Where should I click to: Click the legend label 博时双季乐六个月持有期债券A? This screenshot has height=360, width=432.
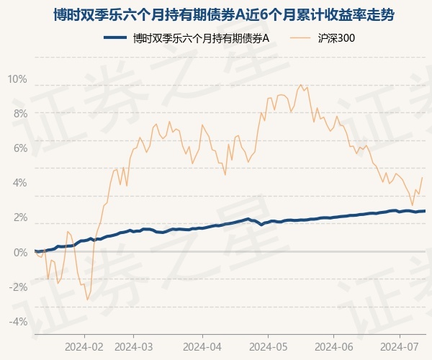pyautogui.click(x=201, y=38)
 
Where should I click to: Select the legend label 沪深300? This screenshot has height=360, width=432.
pyautogui.click(x=336, y=38)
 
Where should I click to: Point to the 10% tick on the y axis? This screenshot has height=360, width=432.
pyautogui.click(x=17, y=78)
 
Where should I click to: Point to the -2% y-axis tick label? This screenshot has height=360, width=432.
pyautogui.click(x=18, y=287)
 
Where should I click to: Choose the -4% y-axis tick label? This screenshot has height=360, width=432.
pyautogui.click(x=18, y=322)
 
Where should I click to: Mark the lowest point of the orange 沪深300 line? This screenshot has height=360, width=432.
pyautogui.click(x=87, y=300)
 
